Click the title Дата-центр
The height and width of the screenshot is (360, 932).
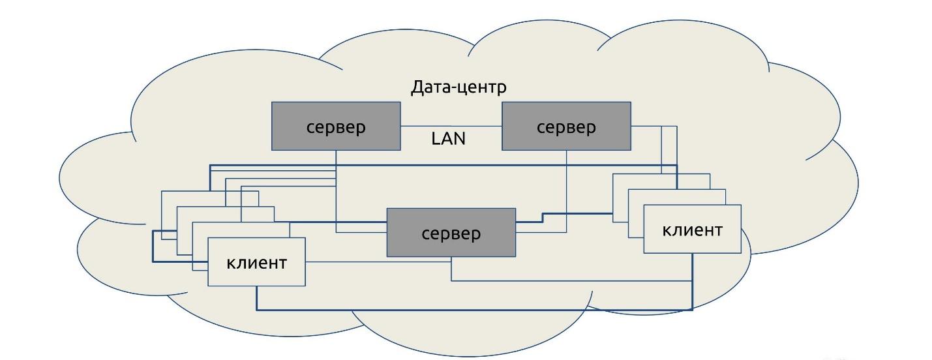458,87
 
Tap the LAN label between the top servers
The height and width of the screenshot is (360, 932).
449,138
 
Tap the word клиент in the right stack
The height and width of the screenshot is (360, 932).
692,230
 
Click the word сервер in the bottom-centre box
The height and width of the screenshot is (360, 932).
451,233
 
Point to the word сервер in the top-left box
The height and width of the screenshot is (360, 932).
336,127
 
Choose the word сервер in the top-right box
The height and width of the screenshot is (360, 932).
566,127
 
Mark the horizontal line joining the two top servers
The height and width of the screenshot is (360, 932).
451,126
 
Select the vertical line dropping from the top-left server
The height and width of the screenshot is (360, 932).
336,189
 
